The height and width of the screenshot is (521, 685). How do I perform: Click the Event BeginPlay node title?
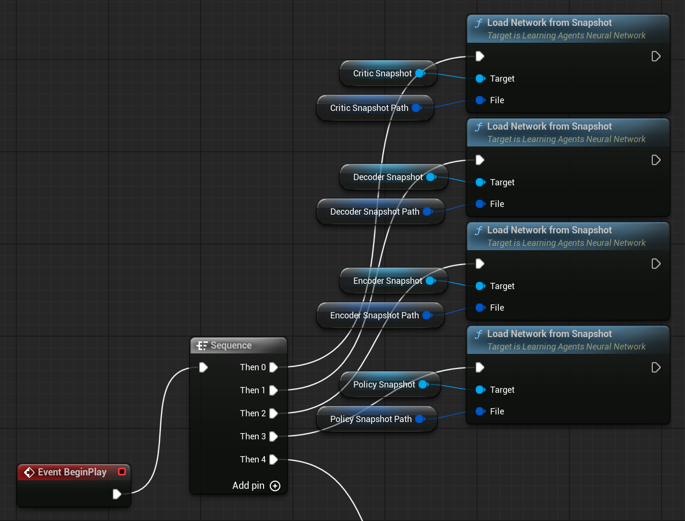(72, 472)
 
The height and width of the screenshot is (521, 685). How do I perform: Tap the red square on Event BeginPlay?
(122, 472)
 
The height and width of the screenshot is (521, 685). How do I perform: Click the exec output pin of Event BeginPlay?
(117, 494)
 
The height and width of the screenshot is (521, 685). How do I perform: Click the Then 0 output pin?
(274, 367)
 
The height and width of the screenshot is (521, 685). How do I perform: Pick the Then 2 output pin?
(274, 413)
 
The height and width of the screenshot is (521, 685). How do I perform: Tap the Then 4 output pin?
(274, 460)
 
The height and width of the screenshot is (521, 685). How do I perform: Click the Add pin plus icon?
(275, 486)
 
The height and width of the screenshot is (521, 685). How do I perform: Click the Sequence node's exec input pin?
(204, 367)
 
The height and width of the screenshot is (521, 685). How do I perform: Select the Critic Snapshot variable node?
(382, 73)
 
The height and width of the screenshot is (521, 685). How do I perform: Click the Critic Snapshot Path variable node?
(369, 108)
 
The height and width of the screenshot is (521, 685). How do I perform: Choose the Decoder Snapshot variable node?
(387, 177)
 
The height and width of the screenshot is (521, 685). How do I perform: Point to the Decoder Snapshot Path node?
(374, 212)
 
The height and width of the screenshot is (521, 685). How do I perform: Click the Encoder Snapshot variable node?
(387, 281)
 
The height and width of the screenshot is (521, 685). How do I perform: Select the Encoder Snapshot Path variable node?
(374, 315)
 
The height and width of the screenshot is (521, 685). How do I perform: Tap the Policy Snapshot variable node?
(384, 385)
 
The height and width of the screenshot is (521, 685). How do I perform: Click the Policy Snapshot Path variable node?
(371, 419)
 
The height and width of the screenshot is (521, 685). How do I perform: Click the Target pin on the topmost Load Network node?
(480, 79)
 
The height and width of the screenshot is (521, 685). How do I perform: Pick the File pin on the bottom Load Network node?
(480, 412)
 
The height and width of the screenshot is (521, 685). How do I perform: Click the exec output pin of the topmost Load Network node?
(656, 57)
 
